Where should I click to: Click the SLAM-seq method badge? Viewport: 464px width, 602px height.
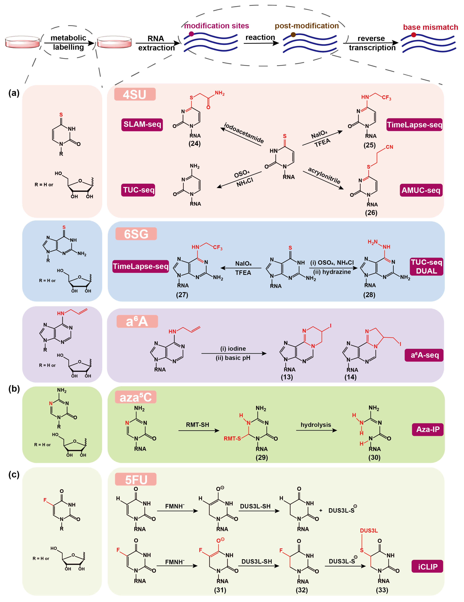142,125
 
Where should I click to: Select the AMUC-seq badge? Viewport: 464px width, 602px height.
421,190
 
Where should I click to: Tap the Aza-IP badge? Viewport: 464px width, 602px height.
427,429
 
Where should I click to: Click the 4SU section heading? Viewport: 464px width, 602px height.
135,95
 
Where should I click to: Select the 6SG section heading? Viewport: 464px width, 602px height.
136,234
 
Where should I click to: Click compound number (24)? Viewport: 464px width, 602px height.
194,144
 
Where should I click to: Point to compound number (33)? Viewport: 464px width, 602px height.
382,590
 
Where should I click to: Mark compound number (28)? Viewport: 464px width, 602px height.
369,295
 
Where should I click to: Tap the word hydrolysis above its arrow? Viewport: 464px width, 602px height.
316,425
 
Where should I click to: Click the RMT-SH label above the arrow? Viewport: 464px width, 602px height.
197,425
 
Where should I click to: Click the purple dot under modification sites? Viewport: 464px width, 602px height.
191,34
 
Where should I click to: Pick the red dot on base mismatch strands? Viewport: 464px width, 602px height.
414,35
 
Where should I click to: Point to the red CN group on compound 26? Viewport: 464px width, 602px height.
389,147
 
